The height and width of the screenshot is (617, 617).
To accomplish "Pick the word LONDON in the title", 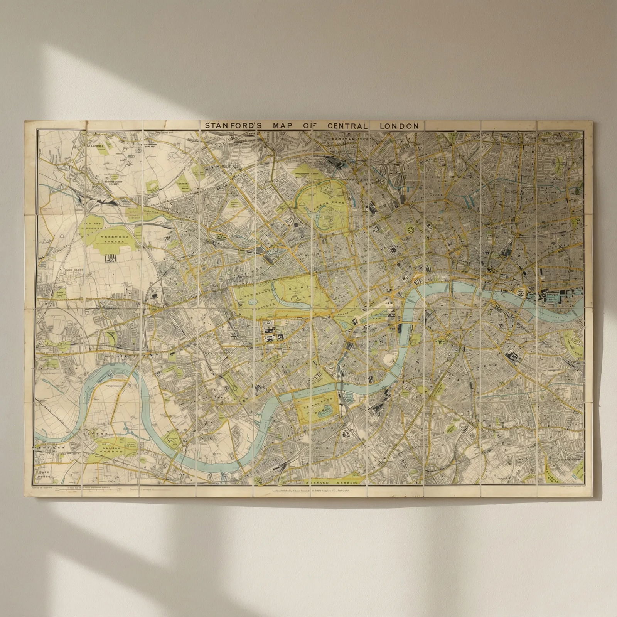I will tap(399, 126).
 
